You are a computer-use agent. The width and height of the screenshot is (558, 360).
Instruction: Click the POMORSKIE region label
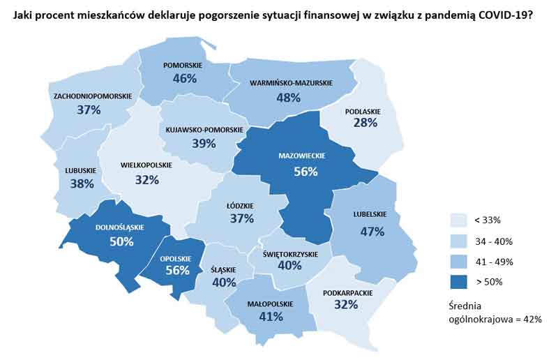tap(183, 65)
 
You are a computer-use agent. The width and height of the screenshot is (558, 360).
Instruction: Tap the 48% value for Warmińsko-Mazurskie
tap(288, 97)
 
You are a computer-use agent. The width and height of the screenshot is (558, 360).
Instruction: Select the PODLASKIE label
tap(363, 110)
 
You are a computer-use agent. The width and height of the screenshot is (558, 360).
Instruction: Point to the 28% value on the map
tap(365, 123)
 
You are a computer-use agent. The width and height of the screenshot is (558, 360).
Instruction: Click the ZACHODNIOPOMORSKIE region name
tap(92, 96)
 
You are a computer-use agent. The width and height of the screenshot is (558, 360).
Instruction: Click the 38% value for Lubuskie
tap(82, 184)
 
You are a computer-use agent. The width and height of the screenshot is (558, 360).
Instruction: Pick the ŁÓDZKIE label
tap(241, 206)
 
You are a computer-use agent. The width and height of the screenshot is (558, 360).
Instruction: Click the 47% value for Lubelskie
tap(373, 232)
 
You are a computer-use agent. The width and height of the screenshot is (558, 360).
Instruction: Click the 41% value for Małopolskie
tap(271, 316)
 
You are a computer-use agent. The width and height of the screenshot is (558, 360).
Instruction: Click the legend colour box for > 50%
tap(459, 282)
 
